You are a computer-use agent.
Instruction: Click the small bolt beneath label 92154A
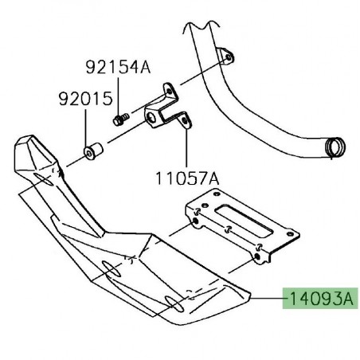click(120, 120)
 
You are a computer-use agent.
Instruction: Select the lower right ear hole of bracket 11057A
click(186, 121)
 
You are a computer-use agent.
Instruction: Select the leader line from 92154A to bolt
click(118, 96)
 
